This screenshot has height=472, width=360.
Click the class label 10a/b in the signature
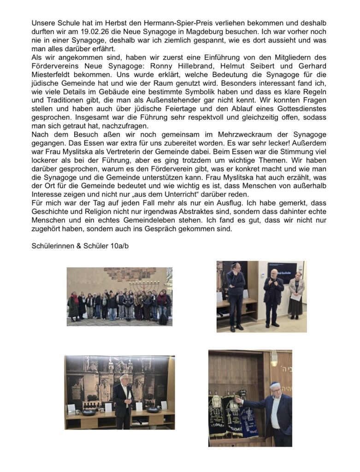pyautogui.click(x=118, y=246)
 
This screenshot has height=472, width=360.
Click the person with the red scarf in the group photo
pyautogui.click(x=74, y=304)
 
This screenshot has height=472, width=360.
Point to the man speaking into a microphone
pyautogui.click(x=274, y=295)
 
